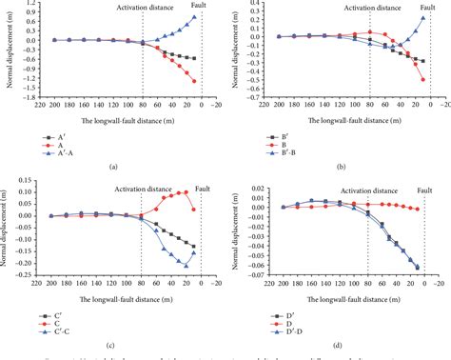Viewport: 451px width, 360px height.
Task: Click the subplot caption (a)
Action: coord(113,167)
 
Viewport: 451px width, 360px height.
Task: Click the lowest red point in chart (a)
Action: coord(195,81)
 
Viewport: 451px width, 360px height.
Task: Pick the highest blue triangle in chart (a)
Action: coord(195,17)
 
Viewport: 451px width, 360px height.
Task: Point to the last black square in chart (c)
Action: coord(195,246)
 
